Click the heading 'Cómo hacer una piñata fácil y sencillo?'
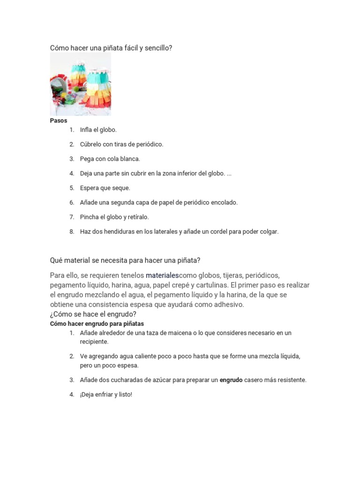(x=111, y=48)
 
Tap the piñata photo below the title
(x=80, y=84)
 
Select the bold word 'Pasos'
(x=59, y=120)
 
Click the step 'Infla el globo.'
(x=98, y=130)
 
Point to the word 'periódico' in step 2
(x=150, y=144)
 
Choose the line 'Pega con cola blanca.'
(x=110, y=159)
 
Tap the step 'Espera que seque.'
(x=105, y=188)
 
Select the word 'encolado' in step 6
(x=225, y=202)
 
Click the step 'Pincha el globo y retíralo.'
(x=114, y=217)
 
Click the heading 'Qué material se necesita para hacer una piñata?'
(x=125, y=260)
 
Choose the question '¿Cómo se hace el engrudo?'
(x=93, y=314)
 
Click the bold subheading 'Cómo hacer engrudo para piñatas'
(x=97, y=324)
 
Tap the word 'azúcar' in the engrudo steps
(x=162, y=380)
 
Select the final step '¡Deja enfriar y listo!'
(x=106, y=395)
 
